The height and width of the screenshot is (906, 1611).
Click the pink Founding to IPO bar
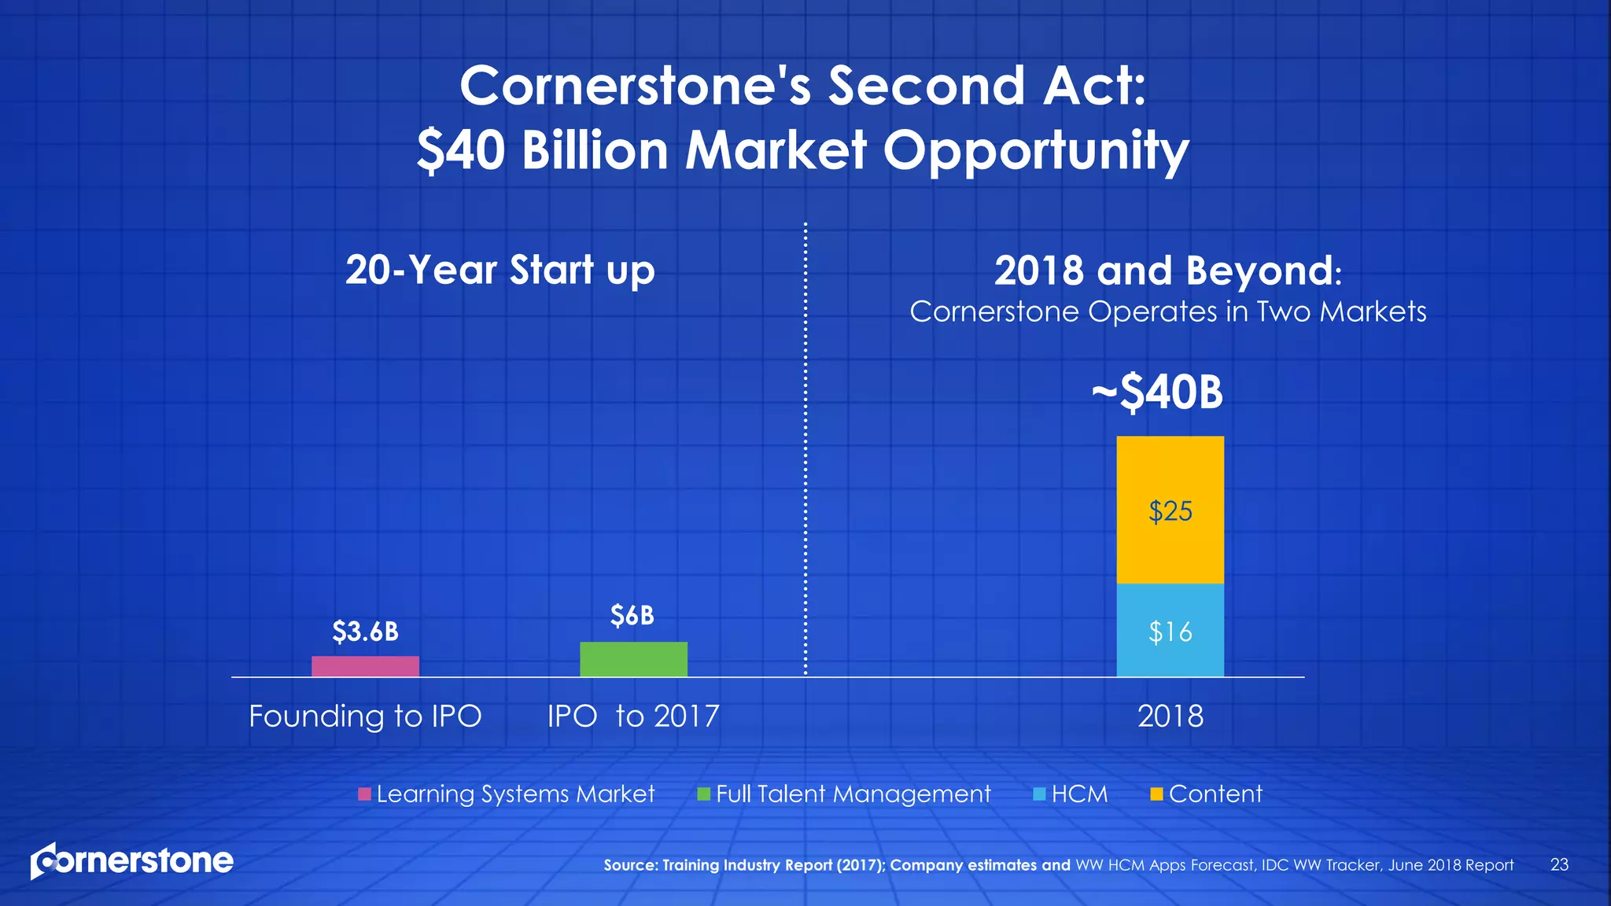click(365, 666)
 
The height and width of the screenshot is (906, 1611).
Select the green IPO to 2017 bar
click(633, 659)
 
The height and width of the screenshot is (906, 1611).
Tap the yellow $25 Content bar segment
click(1170, 510)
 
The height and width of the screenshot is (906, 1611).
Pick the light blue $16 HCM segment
click(1170, 631)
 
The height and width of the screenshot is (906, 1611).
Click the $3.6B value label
click(365, 632)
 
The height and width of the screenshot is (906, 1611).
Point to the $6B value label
click(632, 616)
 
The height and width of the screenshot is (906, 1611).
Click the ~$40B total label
click(1157, 392)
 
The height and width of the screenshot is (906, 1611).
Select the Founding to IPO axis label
click(365, 716)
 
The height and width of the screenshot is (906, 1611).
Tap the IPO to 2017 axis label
click(633, 716)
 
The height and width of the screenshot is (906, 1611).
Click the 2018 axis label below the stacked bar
click(1170, 716)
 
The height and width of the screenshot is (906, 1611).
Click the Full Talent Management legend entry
click(844, 794)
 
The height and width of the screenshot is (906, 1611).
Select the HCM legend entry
click(1071, 794)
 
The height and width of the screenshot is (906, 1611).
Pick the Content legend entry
click(1206, 794)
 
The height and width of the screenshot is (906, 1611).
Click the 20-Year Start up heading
click(500, 271)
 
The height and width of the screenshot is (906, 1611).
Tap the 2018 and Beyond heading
click(1167, 271)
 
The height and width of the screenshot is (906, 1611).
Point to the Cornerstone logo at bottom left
click(132, 861)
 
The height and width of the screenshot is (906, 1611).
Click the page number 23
click(1559, 865)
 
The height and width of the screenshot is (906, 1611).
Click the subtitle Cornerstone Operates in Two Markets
click(1167, 312)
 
